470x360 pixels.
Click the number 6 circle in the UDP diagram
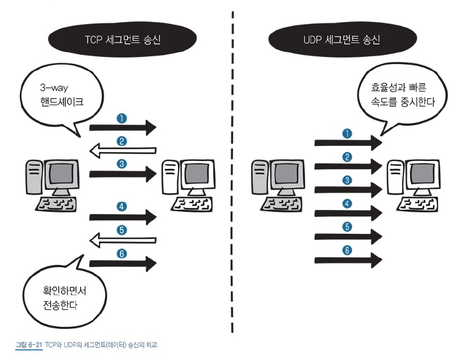347,250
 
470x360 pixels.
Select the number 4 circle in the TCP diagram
121,206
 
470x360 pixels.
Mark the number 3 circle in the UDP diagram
347,180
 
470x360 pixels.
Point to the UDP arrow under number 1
348,143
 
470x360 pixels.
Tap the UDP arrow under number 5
348,237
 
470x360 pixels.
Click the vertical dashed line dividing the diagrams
232,169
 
